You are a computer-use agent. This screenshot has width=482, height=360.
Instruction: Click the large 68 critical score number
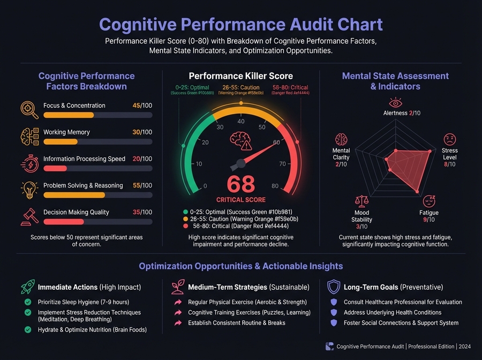[240, 184]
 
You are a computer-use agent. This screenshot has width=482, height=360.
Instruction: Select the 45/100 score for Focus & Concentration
[142, 106]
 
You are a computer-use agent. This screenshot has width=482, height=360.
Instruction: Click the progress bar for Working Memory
[98, 142]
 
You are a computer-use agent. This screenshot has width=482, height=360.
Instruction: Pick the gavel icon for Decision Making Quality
[29, 216]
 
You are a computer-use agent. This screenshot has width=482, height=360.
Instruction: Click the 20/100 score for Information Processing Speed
[142, 159]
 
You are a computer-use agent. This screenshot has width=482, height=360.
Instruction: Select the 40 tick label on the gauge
[240, 122]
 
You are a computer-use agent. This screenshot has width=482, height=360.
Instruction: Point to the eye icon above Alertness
[395, 102]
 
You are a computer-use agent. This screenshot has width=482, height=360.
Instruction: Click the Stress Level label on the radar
[450, 154]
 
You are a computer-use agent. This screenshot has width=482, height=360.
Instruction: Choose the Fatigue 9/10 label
[429, 216]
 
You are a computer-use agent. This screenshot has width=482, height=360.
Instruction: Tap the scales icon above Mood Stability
[362, 201]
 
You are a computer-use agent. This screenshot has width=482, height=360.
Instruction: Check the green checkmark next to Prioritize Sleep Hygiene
[28, 302]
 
